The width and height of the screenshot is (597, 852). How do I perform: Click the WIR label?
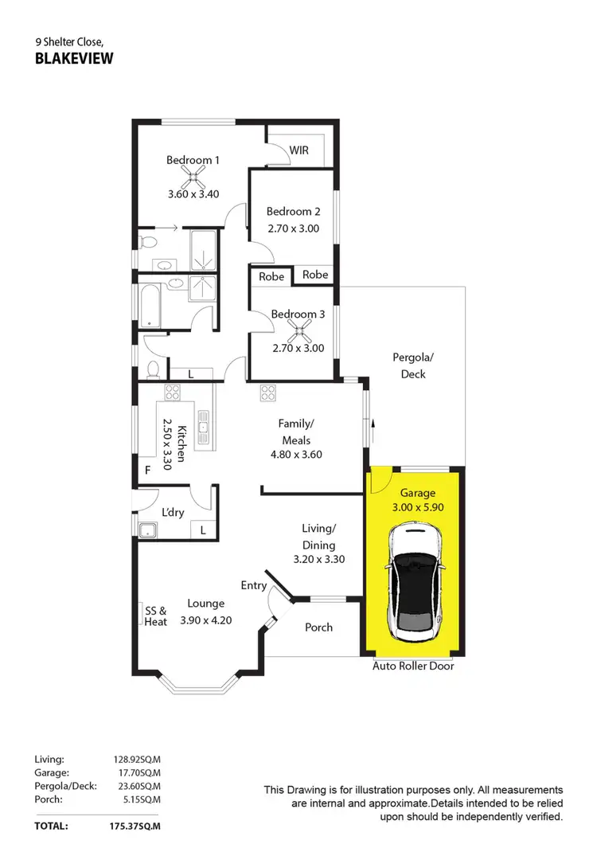pyautogui.click(x=299, y=150)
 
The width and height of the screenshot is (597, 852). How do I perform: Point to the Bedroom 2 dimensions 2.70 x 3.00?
pyautogui.click(x=293, y=228)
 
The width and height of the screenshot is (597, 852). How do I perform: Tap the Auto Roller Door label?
pyautogui.click(x=413, y=666)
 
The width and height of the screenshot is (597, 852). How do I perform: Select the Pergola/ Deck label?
pyautogui.click(x=409, y=366)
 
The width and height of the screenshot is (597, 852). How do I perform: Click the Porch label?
pyautogui.click(x=319, y=627)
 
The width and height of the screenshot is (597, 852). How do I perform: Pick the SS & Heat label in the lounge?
pyautogui.click(x=155, y=616)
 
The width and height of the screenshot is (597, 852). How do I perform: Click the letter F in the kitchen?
pyautogui.click(x=147, y=471)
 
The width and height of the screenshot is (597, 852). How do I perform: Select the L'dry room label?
pyautogui.click(x=173, y=512)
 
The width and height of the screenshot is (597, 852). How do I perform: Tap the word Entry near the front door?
pyautogui.click(x=254, y=585)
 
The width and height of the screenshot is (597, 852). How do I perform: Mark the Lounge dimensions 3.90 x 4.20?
pyautogui.click(x=205, y=620)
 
